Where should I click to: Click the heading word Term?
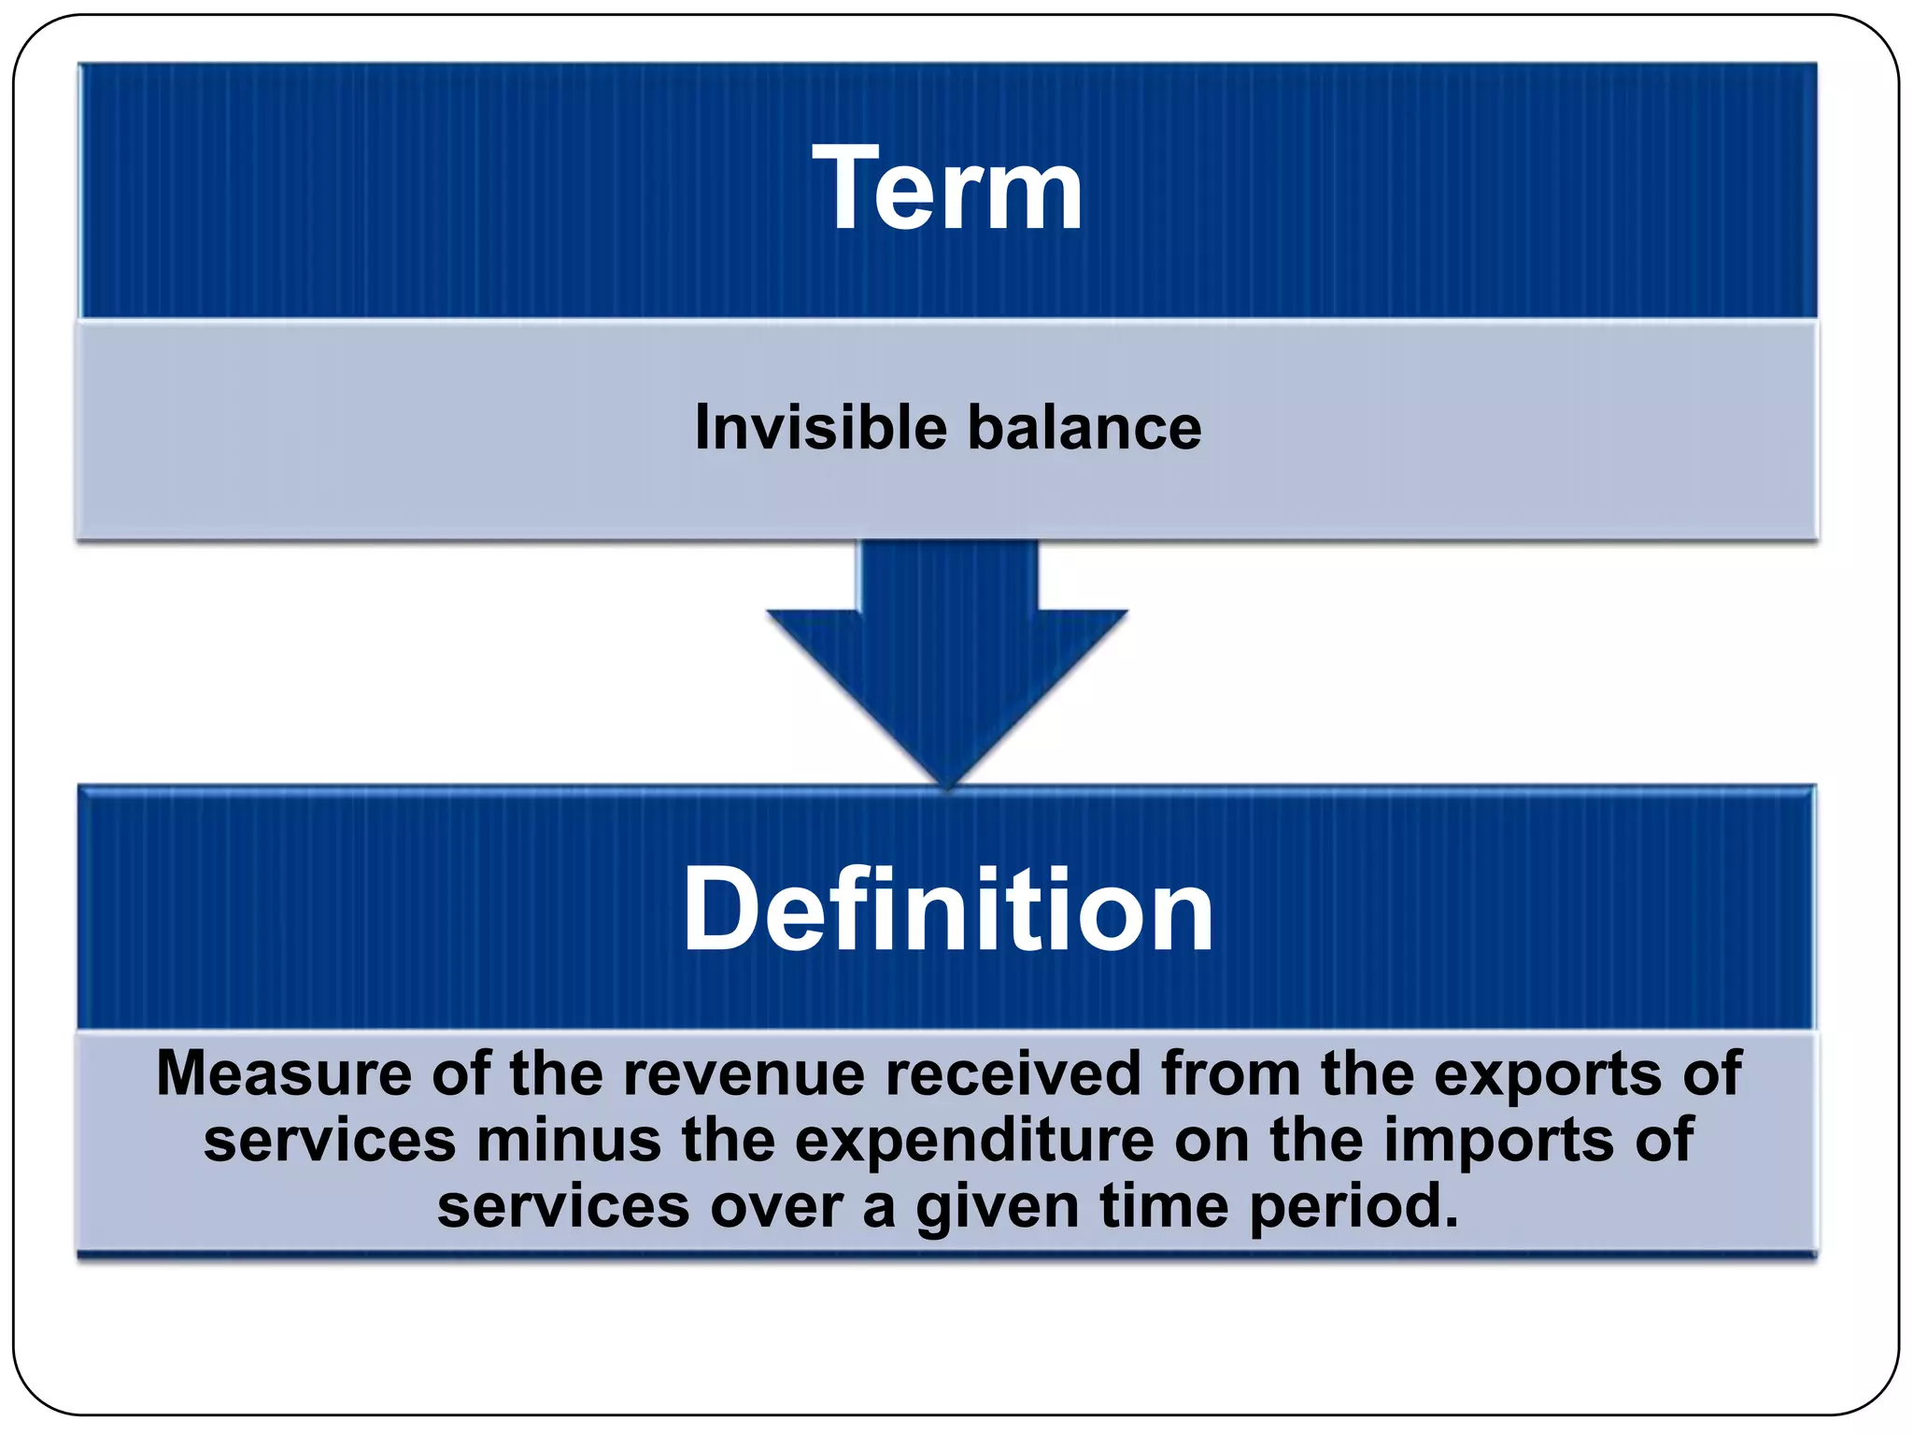point(947,190)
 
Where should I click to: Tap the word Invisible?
point(820,428)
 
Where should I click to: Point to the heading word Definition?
point(947,910)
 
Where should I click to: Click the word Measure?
point(283,1073)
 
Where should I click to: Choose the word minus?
point(568,1141)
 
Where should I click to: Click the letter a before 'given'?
point(878,1208)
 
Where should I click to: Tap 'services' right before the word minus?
point(330,1141)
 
